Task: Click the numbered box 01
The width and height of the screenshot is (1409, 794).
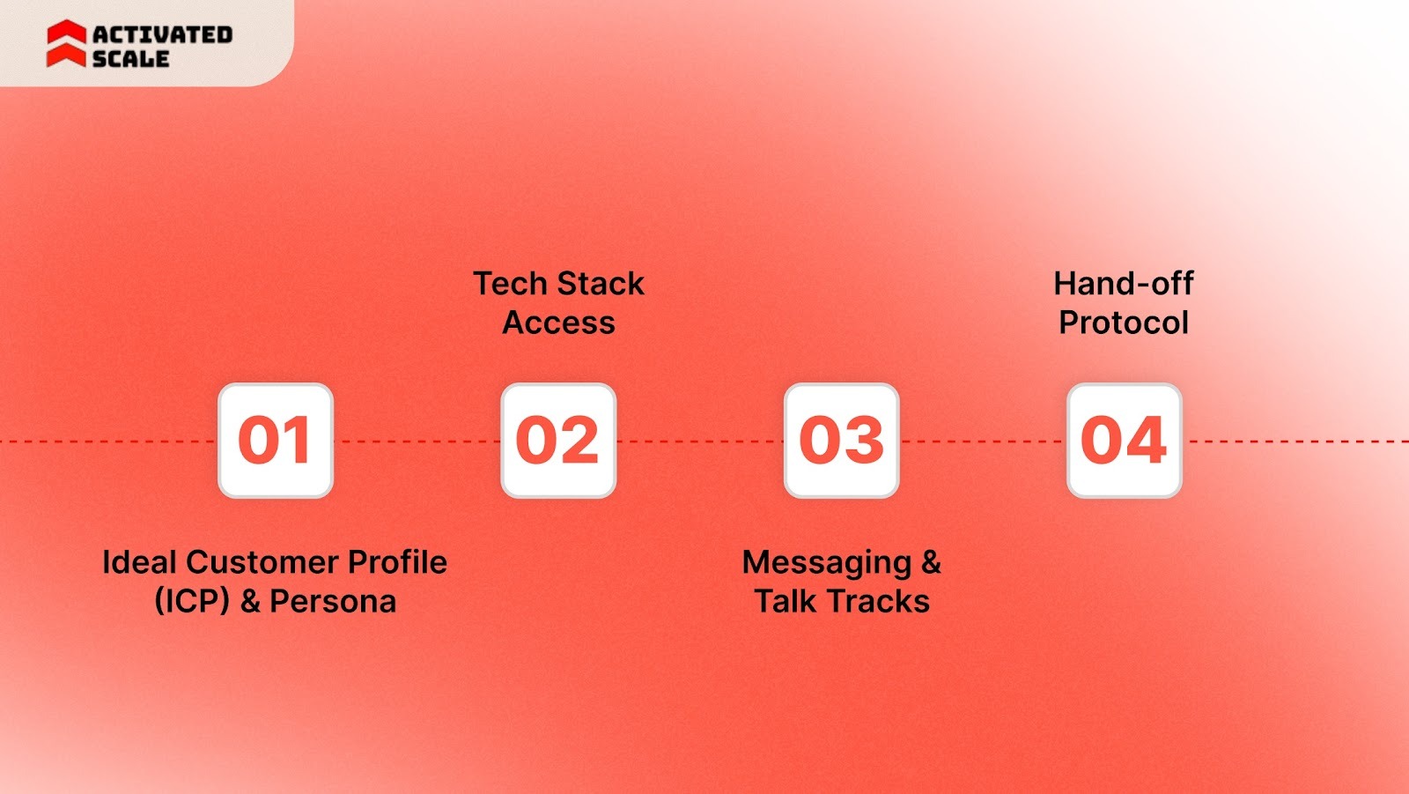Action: (x=275, y=441)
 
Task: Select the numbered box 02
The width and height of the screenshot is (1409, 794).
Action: (x=558, y=441)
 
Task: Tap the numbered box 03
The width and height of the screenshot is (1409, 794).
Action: (x=841, y=441)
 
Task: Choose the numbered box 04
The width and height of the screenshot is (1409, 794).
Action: (x=1124, y=441)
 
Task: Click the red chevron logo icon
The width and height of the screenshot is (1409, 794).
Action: (x=66, y=44)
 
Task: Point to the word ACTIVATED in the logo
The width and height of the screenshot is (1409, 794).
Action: (x=163, y=34)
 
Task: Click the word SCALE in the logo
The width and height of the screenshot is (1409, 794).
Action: (x=130, y=59)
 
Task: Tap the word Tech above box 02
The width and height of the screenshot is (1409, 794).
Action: (x=510, y=284)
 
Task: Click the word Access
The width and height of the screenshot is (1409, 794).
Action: (x=558, y=323)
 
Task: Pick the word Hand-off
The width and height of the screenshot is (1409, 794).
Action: (x=1124, y=284)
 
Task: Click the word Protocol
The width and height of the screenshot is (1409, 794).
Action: (x=1124, y=323)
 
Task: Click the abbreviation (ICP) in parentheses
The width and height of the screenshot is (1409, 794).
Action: (x=192, y=602)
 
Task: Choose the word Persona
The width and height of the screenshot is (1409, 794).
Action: (x=333, y=602)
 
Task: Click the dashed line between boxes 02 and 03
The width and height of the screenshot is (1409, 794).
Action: (x=700, y=441)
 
